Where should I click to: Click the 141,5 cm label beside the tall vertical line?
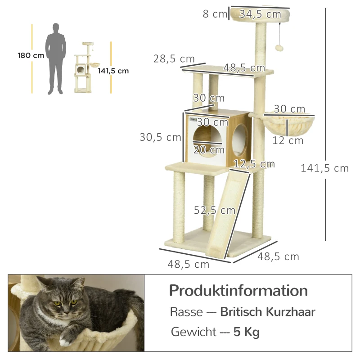click(324, 168)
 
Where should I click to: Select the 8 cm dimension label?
click(215, 14)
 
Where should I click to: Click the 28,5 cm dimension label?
click(173, 59)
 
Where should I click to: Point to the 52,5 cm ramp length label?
click(215, 210)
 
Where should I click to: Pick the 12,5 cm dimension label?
click(254, 164)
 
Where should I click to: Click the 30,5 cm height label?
click(160, 138)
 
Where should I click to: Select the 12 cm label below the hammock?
click(288, 141)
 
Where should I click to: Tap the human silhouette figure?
click(56, 58)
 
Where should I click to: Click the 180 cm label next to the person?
click(31, 56)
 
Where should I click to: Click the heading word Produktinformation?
click(238, 290)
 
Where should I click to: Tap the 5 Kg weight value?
click(247, 333)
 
